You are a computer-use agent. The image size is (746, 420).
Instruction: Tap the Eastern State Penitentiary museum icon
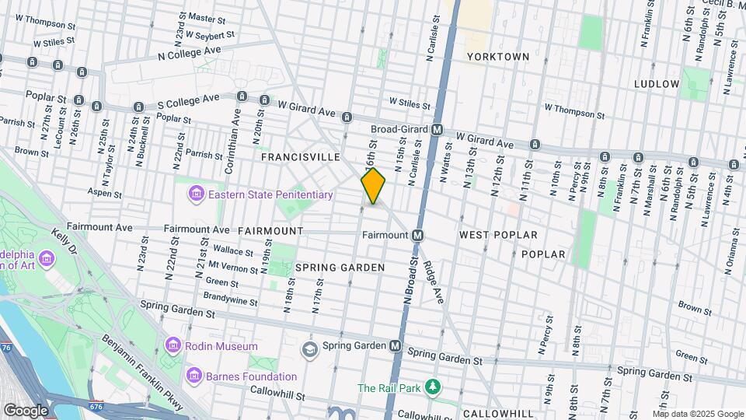tap(195, 193)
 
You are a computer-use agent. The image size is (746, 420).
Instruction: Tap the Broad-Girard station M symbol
tap(437, 130)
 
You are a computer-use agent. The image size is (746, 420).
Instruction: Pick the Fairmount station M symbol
tap(417, 235)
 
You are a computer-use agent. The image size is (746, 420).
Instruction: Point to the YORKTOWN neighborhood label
tap(498, 57)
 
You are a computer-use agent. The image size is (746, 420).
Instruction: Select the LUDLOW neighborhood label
tap(657, 83)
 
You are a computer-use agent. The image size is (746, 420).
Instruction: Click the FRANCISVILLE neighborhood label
tap(300, 157)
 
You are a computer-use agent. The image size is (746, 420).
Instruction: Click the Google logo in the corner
tap(26, 410)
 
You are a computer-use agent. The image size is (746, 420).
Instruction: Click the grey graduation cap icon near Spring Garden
tap(310, 347)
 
